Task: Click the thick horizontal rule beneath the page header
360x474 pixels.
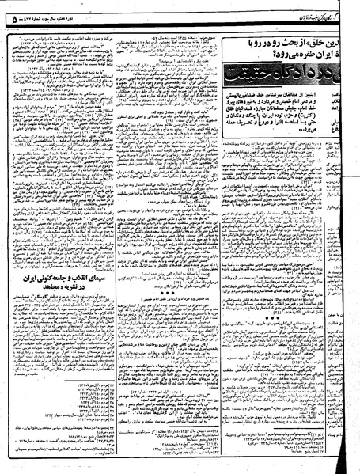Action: [180, 22]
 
